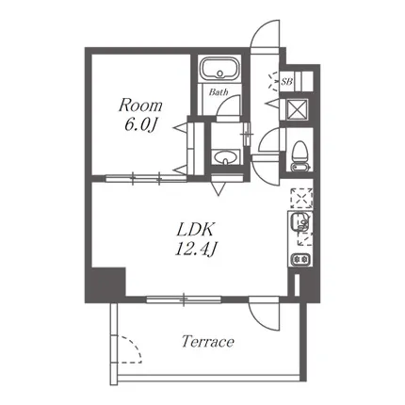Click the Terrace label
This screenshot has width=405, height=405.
[207, 341]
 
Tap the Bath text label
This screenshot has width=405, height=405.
[219, 92]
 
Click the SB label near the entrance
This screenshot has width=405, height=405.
[287, 83]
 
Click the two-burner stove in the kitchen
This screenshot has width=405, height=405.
[302, 257]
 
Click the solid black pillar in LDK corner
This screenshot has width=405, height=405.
[107, 281]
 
